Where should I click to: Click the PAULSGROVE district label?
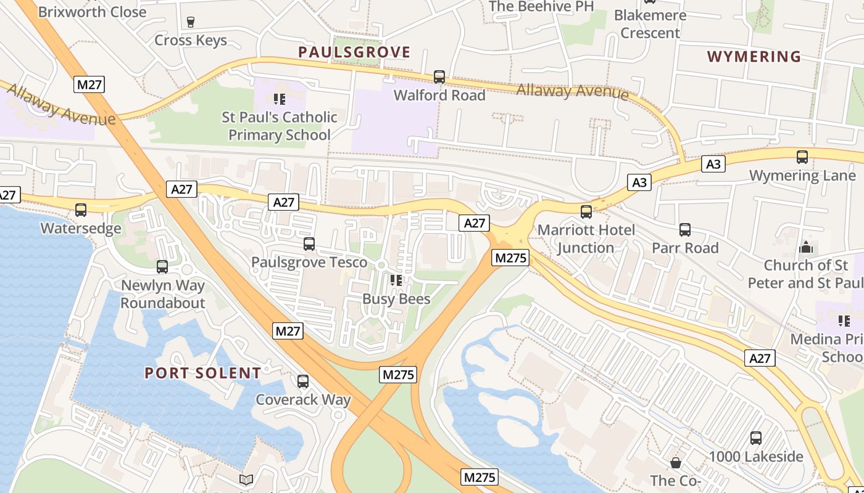pos(354,52)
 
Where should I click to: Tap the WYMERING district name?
pos(754,57)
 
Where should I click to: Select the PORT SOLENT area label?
pos(202,373)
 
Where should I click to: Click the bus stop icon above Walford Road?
pos(439,77)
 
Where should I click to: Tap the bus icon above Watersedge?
pos(81,210)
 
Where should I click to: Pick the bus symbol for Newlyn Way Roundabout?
pos(162,267)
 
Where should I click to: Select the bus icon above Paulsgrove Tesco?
pos(309,244)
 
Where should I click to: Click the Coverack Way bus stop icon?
pos(303,381)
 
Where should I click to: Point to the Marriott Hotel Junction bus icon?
pos(586,212)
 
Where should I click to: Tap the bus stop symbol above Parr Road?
pos(685,230)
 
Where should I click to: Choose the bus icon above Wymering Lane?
pos(802,157)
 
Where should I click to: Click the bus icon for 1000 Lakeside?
pos(756,438)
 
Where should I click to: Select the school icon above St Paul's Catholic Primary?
pos(280,99)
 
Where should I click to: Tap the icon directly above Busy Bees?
pos(396,280)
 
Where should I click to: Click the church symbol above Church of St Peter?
pos(805,247)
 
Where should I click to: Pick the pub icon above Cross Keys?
pos(191,22)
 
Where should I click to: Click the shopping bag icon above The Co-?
pos(676,462)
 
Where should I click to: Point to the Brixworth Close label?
pos(92,11)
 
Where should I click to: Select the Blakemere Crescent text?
pos(650,24)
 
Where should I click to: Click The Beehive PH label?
pos(541,6)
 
